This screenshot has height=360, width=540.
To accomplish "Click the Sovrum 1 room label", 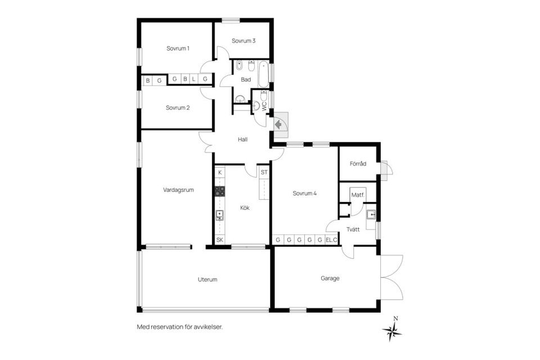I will point(177,48).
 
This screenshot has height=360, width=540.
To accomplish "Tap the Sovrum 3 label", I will point(244,40).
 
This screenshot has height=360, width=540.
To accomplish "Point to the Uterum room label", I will point(207,279).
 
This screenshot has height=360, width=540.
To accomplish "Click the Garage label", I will point(330,278).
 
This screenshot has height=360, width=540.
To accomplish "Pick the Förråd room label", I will point(358,164).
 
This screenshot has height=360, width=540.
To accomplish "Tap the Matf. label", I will point(358,195).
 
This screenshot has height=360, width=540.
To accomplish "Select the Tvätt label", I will point(353,229).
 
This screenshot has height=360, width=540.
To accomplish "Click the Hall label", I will point(243,139).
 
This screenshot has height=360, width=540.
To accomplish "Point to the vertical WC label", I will point(264,105).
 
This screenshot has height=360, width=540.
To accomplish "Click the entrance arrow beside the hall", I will point(278,124).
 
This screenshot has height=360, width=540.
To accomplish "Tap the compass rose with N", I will point(392,331).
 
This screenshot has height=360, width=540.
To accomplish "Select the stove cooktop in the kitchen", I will point(219,191).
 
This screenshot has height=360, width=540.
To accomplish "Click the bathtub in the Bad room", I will point(263,74).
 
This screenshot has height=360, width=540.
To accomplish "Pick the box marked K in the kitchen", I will point(219,172).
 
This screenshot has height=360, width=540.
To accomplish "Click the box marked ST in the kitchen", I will point(263,172).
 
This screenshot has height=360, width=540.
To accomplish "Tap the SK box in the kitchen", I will point(219,240).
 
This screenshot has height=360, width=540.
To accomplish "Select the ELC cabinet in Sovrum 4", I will point(332,240).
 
